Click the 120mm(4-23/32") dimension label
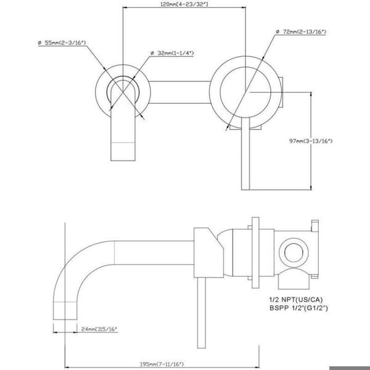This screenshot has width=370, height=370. (184, 4)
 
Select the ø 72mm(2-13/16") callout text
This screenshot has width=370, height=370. (301, 31)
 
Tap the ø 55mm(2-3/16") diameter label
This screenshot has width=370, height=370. (62, 43)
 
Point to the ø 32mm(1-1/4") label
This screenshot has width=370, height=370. (172, 53)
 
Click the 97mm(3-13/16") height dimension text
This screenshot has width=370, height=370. (311, 141)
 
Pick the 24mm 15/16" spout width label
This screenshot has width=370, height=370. (99, 329)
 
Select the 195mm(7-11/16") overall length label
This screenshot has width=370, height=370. (162, 364)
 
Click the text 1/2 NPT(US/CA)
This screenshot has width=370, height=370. (296, 300)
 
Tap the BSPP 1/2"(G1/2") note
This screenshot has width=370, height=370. (298, 308)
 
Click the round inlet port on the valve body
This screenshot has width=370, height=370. (294, 252)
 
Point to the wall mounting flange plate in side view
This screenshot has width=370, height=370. (255, 252)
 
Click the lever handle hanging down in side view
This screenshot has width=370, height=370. (201, 313)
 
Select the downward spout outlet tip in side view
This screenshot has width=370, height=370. (65, 311)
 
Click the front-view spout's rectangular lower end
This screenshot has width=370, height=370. (123, 152)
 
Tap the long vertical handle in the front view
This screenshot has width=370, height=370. (245, 154)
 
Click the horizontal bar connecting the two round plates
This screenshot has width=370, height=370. (179, 92)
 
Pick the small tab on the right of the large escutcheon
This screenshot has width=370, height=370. (281, 92)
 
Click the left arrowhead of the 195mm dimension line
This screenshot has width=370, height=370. (67, 368)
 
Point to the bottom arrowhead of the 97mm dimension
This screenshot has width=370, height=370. (311, 187)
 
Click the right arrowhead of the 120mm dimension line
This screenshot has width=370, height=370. (243, 7)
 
